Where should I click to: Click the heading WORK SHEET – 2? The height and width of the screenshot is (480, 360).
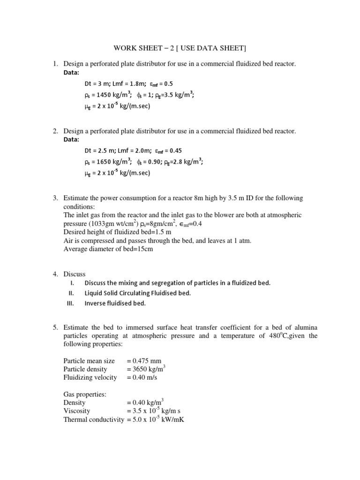[x=180, y=48]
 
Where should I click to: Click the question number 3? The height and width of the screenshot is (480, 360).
[x=55, y=198]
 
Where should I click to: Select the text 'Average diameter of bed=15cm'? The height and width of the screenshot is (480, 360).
[x=108, y=249]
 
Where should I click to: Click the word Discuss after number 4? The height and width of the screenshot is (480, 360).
[x=75, y=274]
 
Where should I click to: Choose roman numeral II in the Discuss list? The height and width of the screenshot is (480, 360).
[x=72, y=293]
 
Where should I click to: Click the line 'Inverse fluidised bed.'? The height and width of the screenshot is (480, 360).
[x=115, y=303]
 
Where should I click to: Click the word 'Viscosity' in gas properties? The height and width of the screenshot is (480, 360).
[x=76, y=411]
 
